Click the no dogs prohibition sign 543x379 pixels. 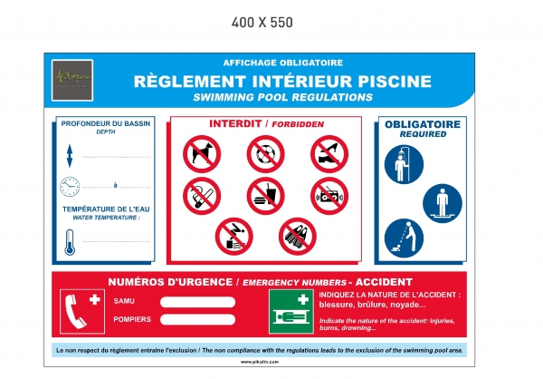[202, 154]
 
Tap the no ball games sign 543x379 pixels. [265, 154]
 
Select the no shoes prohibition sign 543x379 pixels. [329, 154]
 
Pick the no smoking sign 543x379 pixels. [202, 196]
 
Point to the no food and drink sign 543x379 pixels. [265, 196]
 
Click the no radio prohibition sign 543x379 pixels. [329, 196]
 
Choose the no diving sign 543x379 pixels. [233, 236]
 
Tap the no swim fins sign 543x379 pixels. [297, 236]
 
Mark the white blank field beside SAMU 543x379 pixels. [198, 301]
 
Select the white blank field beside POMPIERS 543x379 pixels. [198, 319]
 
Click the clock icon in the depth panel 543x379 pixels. [71, 187]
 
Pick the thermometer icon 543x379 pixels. [71, 240]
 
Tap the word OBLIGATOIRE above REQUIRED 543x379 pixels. [423, 124]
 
